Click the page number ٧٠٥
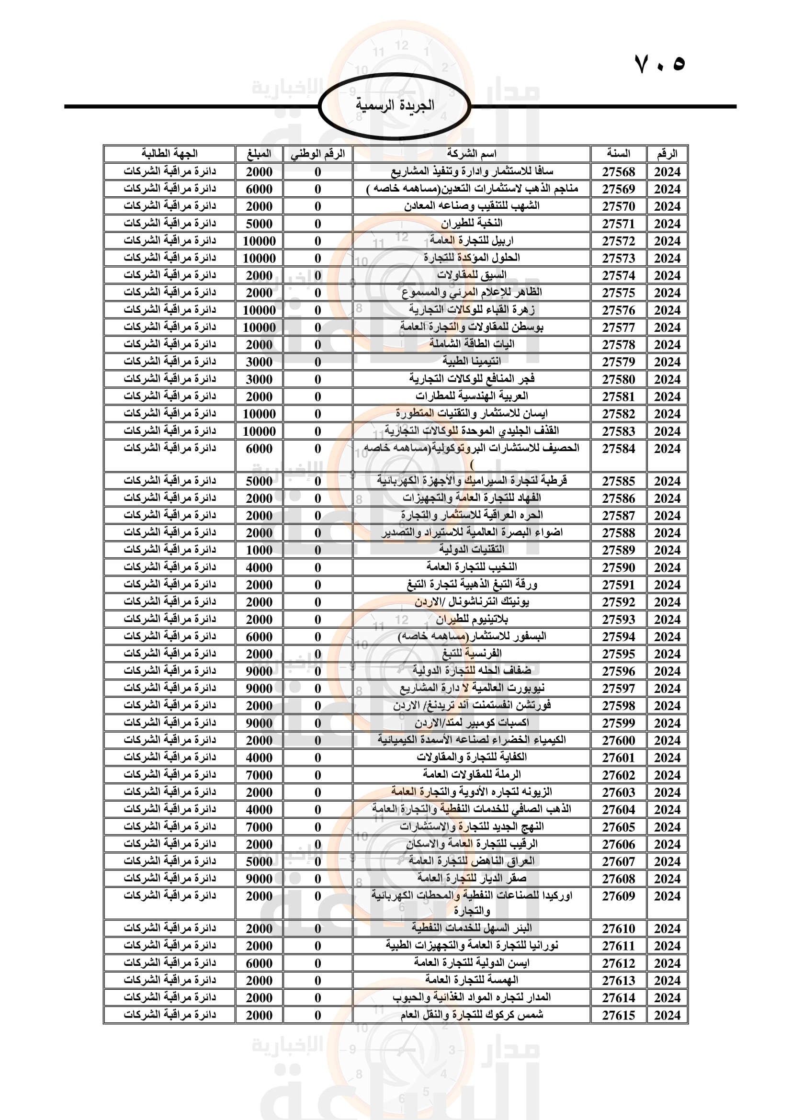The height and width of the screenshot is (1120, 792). click(x=659, y=64)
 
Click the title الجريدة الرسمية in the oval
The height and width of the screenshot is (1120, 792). click(x=395, y=105)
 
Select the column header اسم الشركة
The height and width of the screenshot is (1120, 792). click(x=471, y=154)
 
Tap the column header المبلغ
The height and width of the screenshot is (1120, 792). click(x=259, y=154)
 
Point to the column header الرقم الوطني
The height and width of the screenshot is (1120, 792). click(x=317, y=154)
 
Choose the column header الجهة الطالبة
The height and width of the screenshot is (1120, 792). click(x=169, y=154)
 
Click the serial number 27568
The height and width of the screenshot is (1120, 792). click(x=618, y=172)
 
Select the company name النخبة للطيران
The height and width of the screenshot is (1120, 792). click(x=471, y=224)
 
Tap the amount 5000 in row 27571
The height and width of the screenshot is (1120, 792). click(x=259, y=224)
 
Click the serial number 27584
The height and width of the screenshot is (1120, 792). click(x=618, y=449)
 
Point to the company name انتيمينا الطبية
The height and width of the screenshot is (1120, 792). click(x=471, y=362)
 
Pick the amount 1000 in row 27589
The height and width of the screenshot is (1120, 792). click(x=259, y=550)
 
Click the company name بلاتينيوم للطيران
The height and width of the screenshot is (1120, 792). click(x=471, y=620)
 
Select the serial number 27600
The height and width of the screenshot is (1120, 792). click(x=618, y=740)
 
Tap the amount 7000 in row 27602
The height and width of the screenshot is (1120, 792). click(x=259, y=775)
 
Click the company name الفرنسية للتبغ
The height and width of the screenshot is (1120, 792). click(x=471, y=654)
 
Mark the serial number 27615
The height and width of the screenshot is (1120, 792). click(x=618, y=1015)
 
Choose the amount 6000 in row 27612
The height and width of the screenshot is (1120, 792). click(x=259, y=963)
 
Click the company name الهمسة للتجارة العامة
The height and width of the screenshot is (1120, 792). click(x=471, y=981)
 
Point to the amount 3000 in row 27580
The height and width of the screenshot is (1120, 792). click(x=259, y=380)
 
